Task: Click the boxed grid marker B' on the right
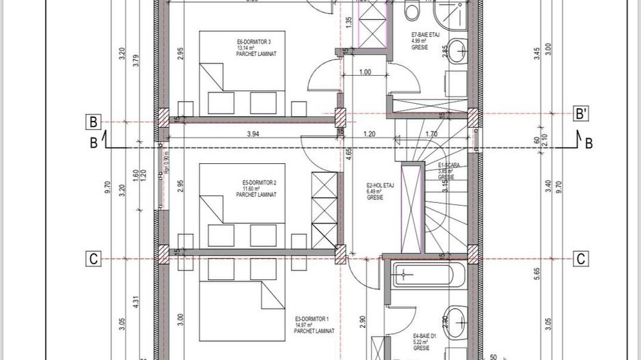point(580,113)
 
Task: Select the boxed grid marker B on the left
point(94,122)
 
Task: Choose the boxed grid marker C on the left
point(94,259)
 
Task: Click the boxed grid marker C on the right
point(580,259)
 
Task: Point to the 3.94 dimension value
point(252,135)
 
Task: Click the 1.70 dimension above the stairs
point(431,135)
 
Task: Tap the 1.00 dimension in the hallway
point(364,72)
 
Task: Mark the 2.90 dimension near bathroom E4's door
point(363,320)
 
